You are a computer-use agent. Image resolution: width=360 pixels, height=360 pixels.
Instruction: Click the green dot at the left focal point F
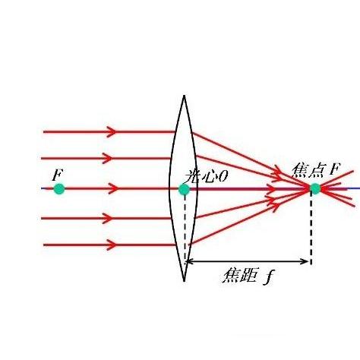(59, 189)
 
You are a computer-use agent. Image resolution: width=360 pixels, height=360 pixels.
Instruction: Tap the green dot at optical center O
(184, 189)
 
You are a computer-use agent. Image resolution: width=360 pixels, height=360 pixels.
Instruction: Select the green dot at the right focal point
(315, 188)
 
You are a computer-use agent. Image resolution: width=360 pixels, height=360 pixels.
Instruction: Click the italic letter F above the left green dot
(57, 175)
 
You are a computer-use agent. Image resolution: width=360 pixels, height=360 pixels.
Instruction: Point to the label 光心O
(206, 176)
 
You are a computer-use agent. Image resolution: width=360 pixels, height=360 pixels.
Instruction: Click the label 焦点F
(315, 171)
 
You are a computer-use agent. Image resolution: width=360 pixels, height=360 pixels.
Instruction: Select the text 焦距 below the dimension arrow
(239, 276)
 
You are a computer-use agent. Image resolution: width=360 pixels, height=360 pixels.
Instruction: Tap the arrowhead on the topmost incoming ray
(112, 131)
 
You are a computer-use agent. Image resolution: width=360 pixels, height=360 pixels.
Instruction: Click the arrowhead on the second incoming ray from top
(107, 159)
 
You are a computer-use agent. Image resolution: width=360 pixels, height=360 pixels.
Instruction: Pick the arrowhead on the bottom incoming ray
(112, 245)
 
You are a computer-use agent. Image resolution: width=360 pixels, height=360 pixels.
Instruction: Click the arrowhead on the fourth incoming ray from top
(107, 218)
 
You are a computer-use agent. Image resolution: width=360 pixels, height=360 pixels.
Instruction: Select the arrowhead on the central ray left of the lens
(113, 188)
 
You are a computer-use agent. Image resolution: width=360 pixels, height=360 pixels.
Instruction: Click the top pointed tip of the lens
(184, 96)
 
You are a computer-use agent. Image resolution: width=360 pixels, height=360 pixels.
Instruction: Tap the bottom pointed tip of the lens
(184, 281)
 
